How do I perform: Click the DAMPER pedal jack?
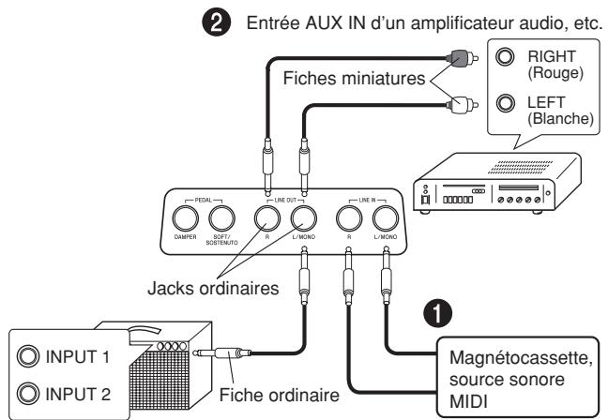(x=186, y=218)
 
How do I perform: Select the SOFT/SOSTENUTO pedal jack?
(x=221, y=218)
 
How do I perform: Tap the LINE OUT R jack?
(x=267, y=218)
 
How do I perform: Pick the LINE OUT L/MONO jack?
(x=304, y=218)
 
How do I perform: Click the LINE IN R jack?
(x=349, y=218)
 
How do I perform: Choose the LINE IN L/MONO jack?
(x=386, y=218)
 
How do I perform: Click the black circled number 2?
(x=217, y=22)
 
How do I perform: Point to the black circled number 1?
(x=437, y=313)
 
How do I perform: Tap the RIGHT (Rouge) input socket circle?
(x=505, y=56)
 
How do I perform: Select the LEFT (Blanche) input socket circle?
(x=505, y=103)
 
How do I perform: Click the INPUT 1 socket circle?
(x=28, y=356)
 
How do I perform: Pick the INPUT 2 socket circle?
(x=28, y=393)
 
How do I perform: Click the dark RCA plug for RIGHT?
(x=463, y=58)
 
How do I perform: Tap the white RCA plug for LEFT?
(x=463, y=105)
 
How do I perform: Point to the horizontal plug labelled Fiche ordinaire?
(x=221, y=353)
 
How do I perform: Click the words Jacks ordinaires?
(x=213, y=289)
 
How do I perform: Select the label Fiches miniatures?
(x=354, y=78)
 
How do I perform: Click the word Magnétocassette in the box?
(x=521, y=357)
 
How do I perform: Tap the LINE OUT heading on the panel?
(x=285, y=200)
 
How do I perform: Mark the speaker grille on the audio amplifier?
(x=520, y=167)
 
